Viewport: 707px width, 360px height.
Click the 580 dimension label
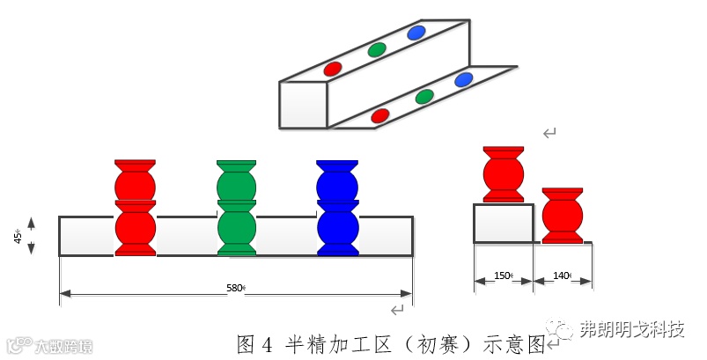[233, 287]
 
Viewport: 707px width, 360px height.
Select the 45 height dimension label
[18, 236]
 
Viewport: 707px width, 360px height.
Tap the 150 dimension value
[502, 276]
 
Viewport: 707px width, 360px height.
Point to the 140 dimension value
[561, 276]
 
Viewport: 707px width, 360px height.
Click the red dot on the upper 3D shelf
[333, 68]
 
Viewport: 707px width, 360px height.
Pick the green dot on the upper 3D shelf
[377, 49]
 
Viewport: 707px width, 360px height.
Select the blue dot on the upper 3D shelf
[416, 33]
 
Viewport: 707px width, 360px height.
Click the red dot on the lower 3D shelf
[380, 114]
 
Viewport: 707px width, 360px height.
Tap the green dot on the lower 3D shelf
[424, 96]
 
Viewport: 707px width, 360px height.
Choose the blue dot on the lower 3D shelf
[464, 80]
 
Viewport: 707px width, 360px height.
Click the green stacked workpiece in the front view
[237, 208]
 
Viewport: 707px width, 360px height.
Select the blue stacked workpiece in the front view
[337, 208]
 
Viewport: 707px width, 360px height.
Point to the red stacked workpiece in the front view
[135, 208]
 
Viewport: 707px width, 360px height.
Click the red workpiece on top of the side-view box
[504, 173]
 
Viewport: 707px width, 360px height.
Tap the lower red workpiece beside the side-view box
[562, 215]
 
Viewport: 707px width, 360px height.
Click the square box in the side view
[503, 224]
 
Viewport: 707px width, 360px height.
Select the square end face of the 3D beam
[303, 104]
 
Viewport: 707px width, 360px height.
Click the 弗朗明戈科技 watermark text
[631, 329]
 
